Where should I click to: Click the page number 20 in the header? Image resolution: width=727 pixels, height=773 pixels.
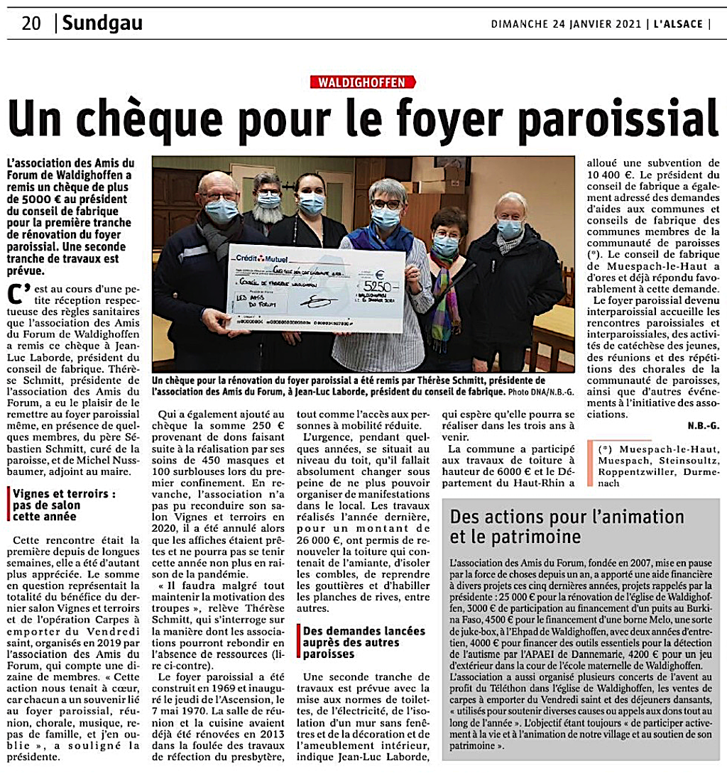pyautogui.click(x=31, y=23)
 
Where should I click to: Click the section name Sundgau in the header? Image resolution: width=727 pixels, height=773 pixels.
pyautogui.click(x=102, y=23)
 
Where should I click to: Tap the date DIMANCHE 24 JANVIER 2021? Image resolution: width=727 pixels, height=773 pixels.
pyautogui.click(x=566, y=24)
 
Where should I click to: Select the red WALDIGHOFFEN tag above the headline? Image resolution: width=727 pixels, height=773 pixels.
pyautogui.click(x=363, y=82)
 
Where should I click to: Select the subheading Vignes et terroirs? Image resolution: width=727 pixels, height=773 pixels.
pyautogui.click(x=65, y=493)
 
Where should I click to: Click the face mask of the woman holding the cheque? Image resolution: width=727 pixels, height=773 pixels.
pyautogui.click(x=386, y=217)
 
